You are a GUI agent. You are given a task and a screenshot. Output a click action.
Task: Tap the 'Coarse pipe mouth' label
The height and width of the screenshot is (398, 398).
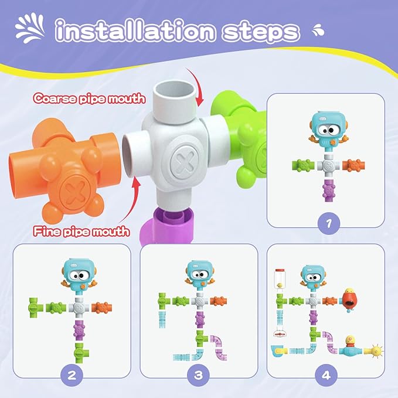(x=89, y=98)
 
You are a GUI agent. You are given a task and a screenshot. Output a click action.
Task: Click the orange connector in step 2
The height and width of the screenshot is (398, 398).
(x=104, y=306)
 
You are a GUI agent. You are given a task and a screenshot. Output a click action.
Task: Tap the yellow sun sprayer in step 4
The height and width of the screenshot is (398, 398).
(x=373, y=352)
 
